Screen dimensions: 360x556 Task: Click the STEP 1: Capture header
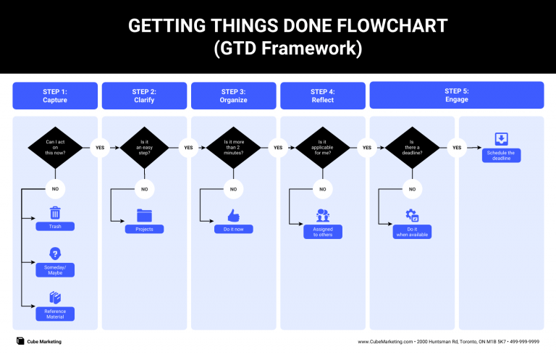(x=55, y=96)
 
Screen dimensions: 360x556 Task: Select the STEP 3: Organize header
(x=233, y=96)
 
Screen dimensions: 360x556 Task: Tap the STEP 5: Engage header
(x=456, y=95)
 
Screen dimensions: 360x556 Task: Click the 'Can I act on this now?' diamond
(x=55, y=147)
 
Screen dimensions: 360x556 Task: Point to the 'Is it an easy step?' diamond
(x=144, y=147)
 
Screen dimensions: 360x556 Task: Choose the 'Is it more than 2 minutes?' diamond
(x=233, y=147)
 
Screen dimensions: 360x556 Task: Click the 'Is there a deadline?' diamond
(x=412, y=147)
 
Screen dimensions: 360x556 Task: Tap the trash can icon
(x=55, y=213)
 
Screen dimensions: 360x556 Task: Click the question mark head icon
(x=55, y=254)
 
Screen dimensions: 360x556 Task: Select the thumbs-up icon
(x=233, y=215)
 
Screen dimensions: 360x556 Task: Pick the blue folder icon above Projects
(x=144, y=215)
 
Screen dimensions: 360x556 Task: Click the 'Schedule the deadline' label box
(x=501, y=156)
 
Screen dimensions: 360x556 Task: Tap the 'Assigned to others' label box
(x=323, y=232)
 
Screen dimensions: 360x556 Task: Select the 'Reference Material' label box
(x=55, y=314)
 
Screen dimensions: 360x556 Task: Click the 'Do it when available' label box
(x=412, y=232)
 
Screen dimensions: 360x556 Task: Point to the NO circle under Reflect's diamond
(x=323, y=189)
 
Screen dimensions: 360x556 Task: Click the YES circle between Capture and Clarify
(x=99, y=147)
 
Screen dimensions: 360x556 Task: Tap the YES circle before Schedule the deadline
(x=457, y=147)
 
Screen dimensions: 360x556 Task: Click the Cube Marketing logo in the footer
(x=20, y=341)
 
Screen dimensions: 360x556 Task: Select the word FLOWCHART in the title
(x=386, y=27)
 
